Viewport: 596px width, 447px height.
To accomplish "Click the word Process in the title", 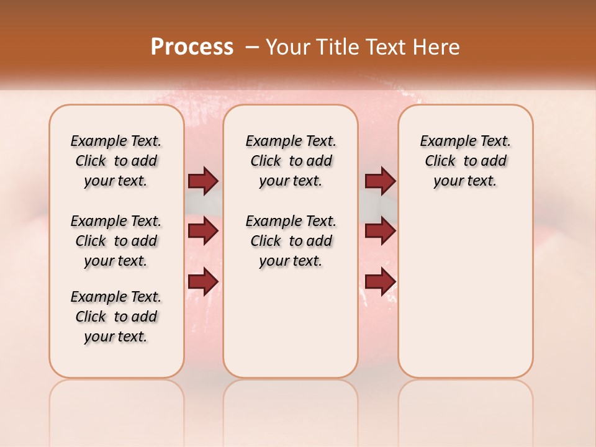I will (192, 47).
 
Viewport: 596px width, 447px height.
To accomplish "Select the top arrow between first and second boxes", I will (203, 181).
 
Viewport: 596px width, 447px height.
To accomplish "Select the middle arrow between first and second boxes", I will (203, 232).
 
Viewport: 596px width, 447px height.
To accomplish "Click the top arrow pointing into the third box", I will (380, 181).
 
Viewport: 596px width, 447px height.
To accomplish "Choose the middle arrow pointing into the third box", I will (380, 232).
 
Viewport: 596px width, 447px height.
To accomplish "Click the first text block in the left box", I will (116, 161).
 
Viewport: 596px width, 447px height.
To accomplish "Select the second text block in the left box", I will (116, 241).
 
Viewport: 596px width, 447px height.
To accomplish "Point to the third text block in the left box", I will (116, 317).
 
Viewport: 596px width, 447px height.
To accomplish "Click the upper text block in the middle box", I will (291, 161).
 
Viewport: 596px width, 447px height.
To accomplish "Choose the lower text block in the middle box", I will (291, 241).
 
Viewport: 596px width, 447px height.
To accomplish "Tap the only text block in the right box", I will (465, 161).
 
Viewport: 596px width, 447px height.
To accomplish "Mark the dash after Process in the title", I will (252, 47).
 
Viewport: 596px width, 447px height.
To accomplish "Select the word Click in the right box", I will (441, 161).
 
